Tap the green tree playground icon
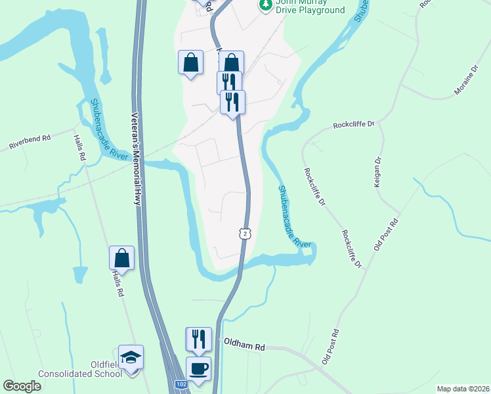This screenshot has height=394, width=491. pos(265,5)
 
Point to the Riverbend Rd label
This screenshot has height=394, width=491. pos(30,142)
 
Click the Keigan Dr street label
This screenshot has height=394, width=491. pos(378,172)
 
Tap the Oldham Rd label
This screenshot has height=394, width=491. pos(244,344)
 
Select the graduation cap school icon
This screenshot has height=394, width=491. pos(131,357)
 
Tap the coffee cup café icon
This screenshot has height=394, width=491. pos(199,368)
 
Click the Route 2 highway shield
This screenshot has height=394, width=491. pos(244,234)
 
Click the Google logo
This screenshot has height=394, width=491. pos(22,385)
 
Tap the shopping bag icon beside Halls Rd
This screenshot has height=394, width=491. pos(122,257)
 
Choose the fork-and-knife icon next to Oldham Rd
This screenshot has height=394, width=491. pos(199,339)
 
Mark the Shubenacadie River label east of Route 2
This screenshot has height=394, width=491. pos(293,216)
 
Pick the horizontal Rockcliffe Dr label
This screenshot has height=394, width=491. pos(353,124)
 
